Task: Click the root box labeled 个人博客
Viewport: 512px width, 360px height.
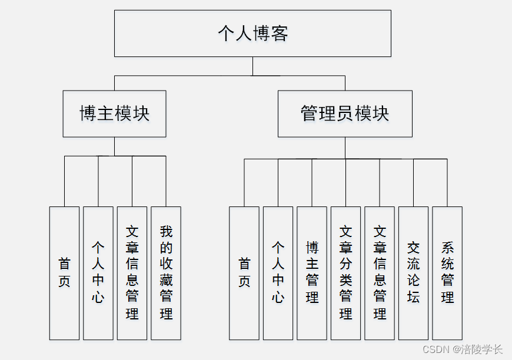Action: (x=252, y=34)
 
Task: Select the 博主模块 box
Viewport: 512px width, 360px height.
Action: (x=115, y=114)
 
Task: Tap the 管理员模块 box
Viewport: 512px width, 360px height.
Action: (x=345, y=114)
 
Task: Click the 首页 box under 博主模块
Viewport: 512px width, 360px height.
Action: (x=64, y=273)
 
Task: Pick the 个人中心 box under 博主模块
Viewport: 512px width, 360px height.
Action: (x=98, y=273)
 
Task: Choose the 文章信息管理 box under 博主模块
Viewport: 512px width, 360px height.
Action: (x=132, y=273)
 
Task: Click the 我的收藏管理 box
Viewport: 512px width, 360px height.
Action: (x=166, y=273)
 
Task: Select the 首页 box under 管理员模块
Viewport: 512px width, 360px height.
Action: (x=244, y=273)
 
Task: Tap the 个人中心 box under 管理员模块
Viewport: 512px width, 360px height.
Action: (x=278, y=273)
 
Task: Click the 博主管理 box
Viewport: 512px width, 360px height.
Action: (x=312, y=273)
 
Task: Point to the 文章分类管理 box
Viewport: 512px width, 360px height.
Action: (x=345, y=273)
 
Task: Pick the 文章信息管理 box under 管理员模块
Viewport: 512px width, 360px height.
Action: (x=380, y=273)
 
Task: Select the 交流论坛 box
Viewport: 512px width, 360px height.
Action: (x=413, y=273)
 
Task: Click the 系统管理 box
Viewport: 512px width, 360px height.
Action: (x=447, y=273)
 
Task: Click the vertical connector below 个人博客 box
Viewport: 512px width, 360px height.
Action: (x=253, y=66)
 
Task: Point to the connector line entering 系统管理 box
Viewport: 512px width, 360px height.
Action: (x=447, y=182)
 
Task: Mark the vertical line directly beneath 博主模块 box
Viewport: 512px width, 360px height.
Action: (x=115, y=146)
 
